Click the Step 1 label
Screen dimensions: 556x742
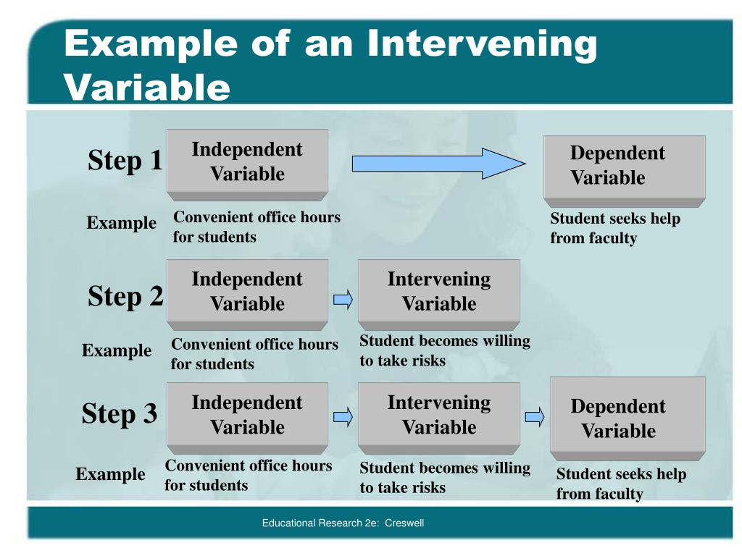(x=125, y=161)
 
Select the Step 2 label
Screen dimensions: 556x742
(x=125, y=296)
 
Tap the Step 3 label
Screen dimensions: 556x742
(x=120, y=414)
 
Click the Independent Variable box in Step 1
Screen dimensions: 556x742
(x=247, y=163)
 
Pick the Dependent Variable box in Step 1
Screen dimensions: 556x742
(x=624, y=167)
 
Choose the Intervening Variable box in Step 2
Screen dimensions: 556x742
(x=438, y=291)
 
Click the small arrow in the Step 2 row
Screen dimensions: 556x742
(x=343, y=299)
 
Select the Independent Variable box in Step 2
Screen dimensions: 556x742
(x=247, y=291)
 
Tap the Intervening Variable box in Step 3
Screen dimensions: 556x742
(x=438, y=414)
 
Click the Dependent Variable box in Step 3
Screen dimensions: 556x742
(x=628, y=418)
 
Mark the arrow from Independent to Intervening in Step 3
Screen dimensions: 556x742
(x=343, y=416)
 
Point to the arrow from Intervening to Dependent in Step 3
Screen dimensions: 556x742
(x=535, y=416)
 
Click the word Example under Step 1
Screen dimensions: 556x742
(x=121, y=223)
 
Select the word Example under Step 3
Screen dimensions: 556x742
(x=110, y=475)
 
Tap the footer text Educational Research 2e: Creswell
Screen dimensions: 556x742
(x=343, y=523)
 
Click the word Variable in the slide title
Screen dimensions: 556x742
(x=147, y=88)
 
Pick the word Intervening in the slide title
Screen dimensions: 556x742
(x=482, y=44)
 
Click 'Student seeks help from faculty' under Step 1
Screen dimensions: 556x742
(x=615, y=228)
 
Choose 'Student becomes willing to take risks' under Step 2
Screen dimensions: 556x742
(x=444, y=350)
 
